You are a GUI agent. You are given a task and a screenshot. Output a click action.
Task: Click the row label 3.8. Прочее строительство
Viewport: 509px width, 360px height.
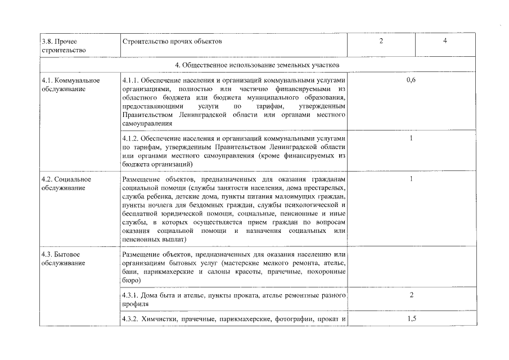point(63,46)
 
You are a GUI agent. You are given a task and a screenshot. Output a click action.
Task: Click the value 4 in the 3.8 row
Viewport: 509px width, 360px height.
point(444,41)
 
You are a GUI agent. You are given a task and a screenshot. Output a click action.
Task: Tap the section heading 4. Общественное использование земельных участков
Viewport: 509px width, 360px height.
point(257,65)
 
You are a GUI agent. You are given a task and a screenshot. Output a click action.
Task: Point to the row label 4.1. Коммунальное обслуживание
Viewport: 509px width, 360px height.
point(70,84)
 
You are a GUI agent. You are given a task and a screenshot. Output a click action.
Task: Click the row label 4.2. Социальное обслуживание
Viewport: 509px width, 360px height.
point(66,183)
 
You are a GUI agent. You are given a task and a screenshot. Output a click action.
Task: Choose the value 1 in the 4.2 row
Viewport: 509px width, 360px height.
point(411,179)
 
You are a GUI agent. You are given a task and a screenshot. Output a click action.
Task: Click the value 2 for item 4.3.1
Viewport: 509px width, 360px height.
point(411,295)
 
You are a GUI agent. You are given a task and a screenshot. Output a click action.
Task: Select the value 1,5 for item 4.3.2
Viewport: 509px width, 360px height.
point(411,319)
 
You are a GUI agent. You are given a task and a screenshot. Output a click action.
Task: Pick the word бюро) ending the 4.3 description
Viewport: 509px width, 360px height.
point(130,280)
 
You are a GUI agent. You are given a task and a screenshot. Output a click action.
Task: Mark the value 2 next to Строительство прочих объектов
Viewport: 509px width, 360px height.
point(381,41)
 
